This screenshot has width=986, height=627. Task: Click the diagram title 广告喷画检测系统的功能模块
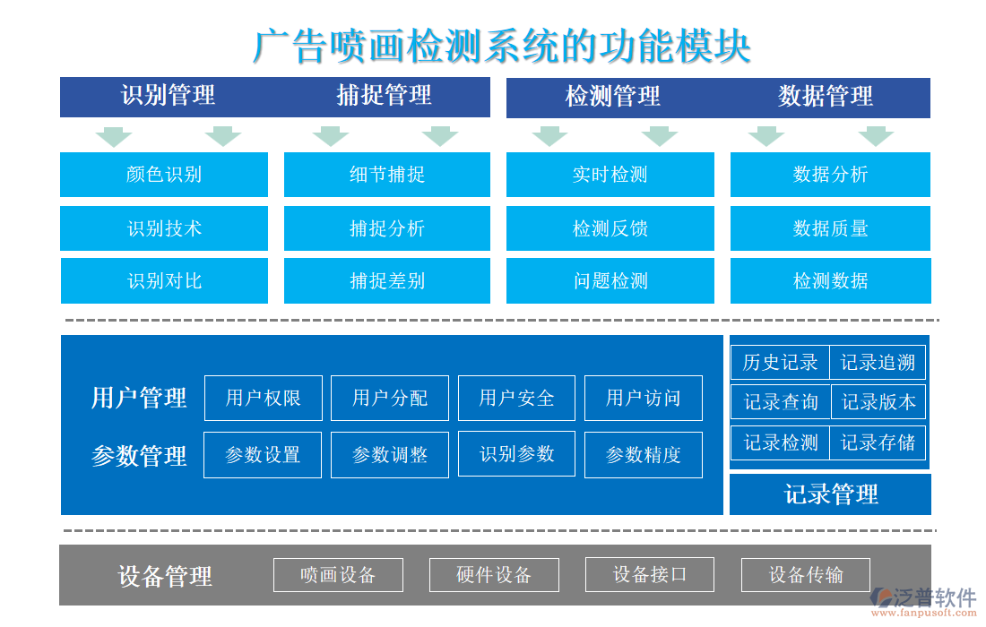tap(501, 47)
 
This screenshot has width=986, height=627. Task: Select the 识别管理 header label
tap(168, 96)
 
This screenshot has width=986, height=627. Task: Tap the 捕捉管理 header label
tap(384, 96)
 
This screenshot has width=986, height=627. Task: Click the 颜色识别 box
tap(164, 175)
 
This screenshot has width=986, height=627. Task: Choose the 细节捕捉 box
tap(387, 175)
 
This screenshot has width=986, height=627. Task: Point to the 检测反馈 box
tap(610, 228)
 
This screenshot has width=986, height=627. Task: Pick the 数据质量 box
tap(830, 228)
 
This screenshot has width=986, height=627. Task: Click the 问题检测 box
tap(610, 281)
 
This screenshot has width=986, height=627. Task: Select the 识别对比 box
tap(164, 281)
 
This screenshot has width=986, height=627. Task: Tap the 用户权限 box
tap(264, 398)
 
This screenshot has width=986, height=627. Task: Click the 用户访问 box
tap(644, 398)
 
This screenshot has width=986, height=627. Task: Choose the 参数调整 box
tap(390, 455)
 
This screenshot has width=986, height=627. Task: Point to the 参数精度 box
tap(644, 455)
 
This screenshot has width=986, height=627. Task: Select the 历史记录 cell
tap(781, 363)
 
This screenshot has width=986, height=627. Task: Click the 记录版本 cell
tap(878, 402)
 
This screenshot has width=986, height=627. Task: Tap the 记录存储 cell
tap(878, 442)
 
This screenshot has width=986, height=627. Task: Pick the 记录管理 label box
tap(830, 494)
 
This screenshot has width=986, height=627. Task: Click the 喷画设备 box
tap(338, 575)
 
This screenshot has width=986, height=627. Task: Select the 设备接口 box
tap(650, 574)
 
